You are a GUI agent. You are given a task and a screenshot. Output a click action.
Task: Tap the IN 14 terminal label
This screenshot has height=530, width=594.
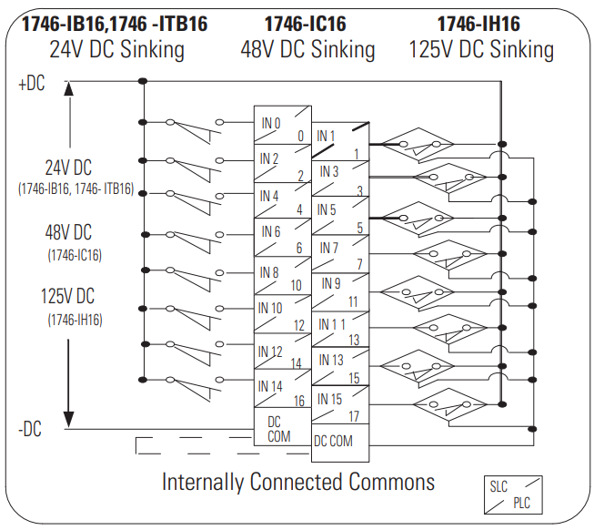[x=272, y=386]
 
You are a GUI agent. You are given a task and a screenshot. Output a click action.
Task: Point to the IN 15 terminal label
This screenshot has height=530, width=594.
[x=330, y=398]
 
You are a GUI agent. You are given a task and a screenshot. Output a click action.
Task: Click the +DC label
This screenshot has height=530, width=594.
[x=31, y=85]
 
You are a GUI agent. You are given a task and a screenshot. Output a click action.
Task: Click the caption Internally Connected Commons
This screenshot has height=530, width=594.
[x=298, y=481]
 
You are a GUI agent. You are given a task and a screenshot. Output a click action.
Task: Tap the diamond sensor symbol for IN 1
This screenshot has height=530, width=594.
[x=411, y=143]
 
